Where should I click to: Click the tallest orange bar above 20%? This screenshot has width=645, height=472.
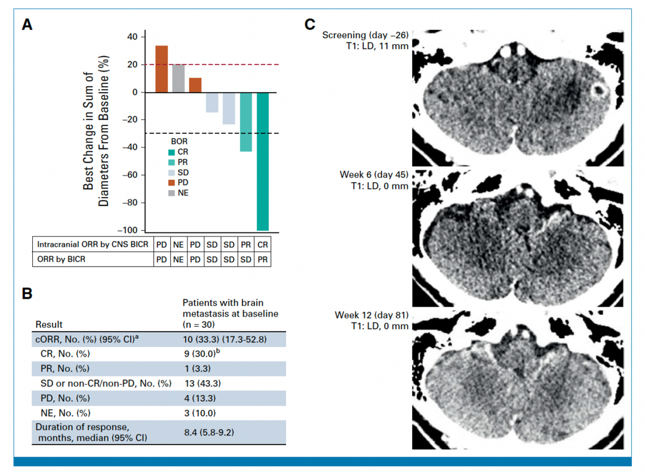[161, 69]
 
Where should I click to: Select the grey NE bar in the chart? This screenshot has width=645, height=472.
[179, 78]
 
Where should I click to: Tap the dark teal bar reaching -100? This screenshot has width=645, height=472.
[263, 161]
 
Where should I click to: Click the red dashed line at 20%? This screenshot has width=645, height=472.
[209, 65]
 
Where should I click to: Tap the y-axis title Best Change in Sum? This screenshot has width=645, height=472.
[88, 131]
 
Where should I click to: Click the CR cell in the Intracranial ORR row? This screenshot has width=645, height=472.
[262, 245]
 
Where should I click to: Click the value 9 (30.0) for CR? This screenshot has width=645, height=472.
[201, 353]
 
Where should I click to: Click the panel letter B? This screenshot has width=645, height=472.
[27, 294]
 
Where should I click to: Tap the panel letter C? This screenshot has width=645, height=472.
[310, 24]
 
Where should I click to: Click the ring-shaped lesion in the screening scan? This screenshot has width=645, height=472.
[598, 91]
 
